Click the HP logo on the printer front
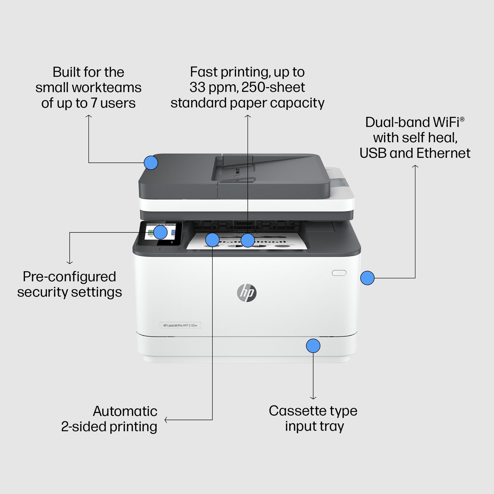point(246,293)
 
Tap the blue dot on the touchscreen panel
point(160,232)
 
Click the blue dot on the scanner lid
point(151,163)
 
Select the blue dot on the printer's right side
point(368,278)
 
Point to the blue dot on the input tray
point(313,346)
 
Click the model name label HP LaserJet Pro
point(180,325)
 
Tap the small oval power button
point(339,273)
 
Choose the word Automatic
point(125,411)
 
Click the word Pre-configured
point(69,277)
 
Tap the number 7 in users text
point(94,103)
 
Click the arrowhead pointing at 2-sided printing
point(166,420)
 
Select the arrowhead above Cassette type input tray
point(313,398)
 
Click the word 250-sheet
point(273,88)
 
